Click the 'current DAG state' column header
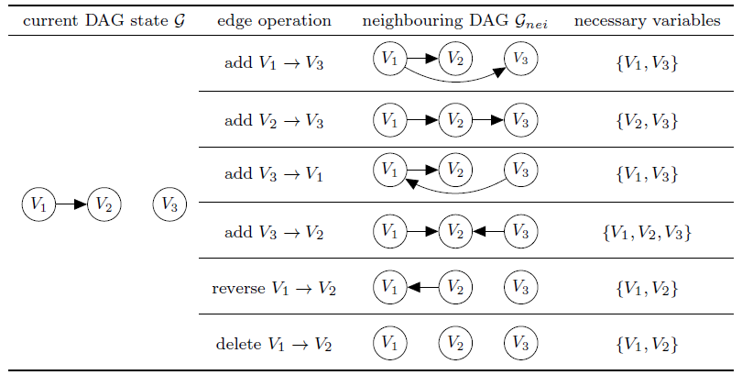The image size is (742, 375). [x=99, y=20]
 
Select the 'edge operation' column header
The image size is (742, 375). [x=274, y=20]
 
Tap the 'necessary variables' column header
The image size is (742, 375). [x=647, y=20]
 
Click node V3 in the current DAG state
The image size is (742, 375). [x=169, y=204]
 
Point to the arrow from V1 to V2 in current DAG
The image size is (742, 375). [x=71, y=204]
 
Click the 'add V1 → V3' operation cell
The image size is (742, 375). [x=274, y=63]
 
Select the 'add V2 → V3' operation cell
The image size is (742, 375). [x=274, y=120]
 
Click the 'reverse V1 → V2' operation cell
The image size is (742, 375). [x=274, y=289]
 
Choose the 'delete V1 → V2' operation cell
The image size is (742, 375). [x=274, y=345]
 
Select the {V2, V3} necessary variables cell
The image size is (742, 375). [x=647, y=120]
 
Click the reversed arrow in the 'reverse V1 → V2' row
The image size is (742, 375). [x=421, y=289]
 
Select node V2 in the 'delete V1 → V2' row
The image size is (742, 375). [x=454, y=345]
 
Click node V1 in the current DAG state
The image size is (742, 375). [x=38, y=204]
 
